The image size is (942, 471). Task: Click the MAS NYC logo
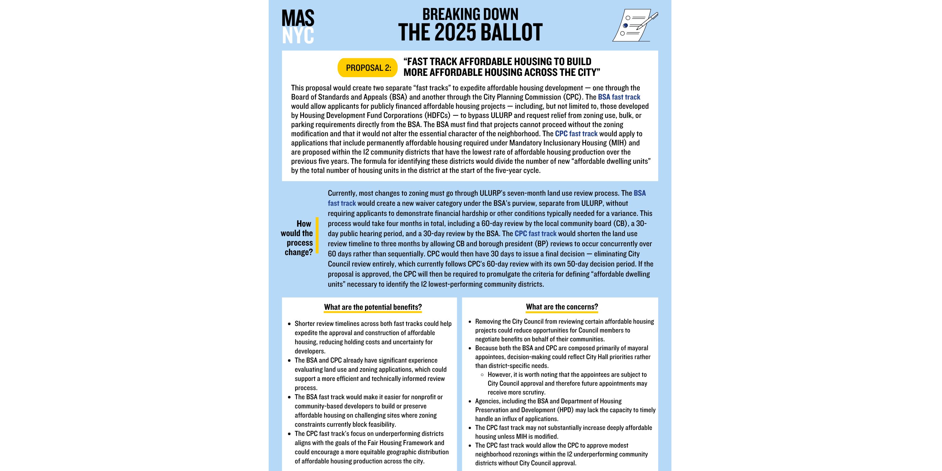tap(298, 26)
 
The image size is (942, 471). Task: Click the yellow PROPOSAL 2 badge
tap(368, 68)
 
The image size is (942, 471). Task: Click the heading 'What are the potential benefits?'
tap(373, 307)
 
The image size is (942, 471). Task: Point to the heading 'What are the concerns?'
tap(562, 307)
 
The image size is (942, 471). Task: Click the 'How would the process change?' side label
tap(297, 238)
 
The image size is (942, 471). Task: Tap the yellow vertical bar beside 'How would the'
tap(317, 235)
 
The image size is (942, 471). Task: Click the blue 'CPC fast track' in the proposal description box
tap(576, 134)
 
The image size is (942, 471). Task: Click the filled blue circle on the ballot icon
tap(625, 26)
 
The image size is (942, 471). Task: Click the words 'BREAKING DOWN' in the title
tap(470, 15)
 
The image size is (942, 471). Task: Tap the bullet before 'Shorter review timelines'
tap(289, 324)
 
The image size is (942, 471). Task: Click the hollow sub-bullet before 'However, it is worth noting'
tap(482, 375)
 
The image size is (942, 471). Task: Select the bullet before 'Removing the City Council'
tap(470, 322)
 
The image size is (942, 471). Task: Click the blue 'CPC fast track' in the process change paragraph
tap(535, 234)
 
